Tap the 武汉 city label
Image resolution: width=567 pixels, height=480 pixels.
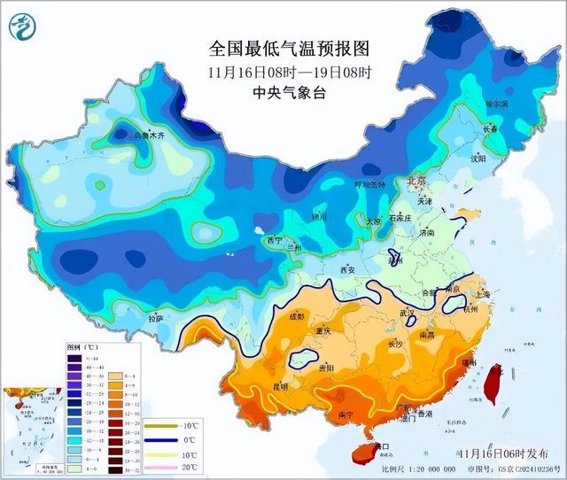coord(408,313)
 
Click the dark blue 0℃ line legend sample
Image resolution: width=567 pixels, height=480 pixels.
coord(162,440)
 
